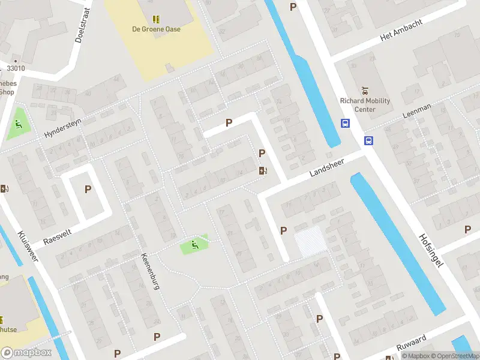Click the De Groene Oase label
pyautogui.click(x=156, y=29)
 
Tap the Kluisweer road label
pyautogui.click(x=28, y=248)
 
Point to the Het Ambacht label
pyautogui.click(x=401, y=30)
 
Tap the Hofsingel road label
pyautogui.click(x=430, y=251)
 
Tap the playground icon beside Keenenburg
pyautogui.click(x=194, y=245)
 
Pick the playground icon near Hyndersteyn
pyautogui.click(x=18, y=124)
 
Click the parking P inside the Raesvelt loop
pyautogui.click(x=88, y=190)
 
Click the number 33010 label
pyautogui.click(x=16, y=68)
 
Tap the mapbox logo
pyautogui.click(x=26, y=353)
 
